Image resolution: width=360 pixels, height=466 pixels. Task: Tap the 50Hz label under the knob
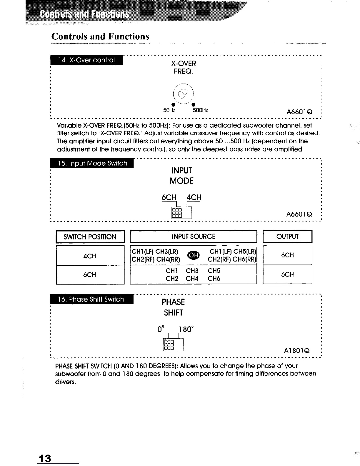(x=169, y=110)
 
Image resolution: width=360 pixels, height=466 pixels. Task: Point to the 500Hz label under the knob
(x=200, y=110)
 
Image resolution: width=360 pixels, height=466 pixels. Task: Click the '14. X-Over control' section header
(x=87, y=60)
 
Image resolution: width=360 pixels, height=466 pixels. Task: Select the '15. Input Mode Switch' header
(x=92, y=163)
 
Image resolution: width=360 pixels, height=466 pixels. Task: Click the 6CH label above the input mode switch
(x=169, y=197)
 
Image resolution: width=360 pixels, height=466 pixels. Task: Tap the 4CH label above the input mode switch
(x=194, y=197)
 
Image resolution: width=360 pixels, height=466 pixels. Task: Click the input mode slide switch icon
(x=178, y=212)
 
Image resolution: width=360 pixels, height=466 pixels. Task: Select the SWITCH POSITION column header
(x=90, y=237)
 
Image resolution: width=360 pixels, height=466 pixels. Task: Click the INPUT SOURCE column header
(x=194, y=237)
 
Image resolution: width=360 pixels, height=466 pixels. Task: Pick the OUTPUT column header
(x=287, y=237)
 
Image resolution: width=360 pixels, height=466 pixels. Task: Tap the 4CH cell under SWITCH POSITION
(x=90, y=256)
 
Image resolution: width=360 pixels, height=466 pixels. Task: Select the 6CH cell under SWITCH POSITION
(x=90, y=274)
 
